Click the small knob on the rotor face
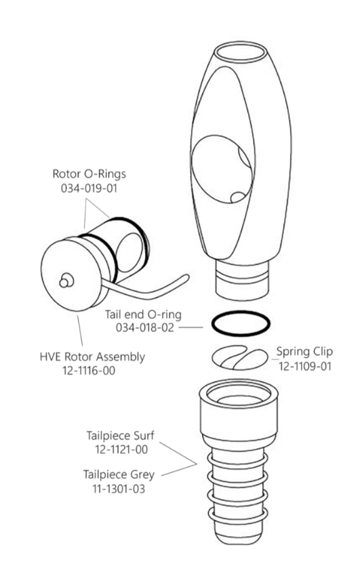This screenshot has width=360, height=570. (65, 278)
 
